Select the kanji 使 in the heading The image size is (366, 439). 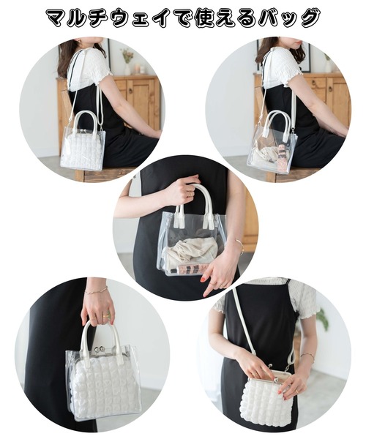(203, 18)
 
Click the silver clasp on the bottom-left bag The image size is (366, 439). (99, 349)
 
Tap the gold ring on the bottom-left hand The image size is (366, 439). (105, 315)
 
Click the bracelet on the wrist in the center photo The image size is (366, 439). (240, 246)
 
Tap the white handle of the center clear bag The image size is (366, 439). (195, 203)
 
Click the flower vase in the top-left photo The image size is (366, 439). (127, 62)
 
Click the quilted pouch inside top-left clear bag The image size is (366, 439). (82, 150)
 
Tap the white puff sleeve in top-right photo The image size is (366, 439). (283, 66)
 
